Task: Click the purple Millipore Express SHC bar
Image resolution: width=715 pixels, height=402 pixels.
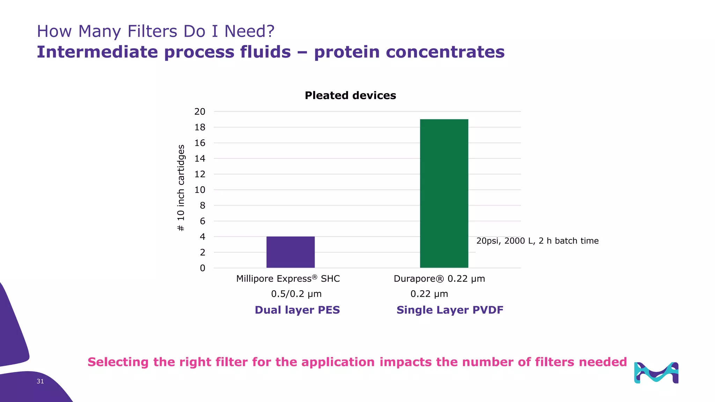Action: click(290, 252)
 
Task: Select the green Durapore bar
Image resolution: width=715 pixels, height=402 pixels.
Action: click(444, 193)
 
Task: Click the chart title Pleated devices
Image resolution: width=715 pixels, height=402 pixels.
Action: click(350, 95)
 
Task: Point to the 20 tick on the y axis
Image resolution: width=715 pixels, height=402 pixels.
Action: click(200, 112)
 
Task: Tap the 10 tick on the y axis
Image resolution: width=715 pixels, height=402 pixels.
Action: click(200, 190)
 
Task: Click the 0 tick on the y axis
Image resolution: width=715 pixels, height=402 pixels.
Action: click(202, 268)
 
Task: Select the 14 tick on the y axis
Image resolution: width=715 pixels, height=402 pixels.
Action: click(200, 158)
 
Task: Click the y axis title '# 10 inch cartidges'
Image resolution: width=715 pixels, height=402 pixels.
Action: click(181, 188)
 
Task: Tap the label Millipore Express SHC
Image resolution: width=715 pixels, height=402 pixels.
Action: click(288, 278)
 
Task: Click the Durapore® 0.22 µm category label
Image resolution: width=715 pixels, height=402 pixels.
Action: click(439, 278)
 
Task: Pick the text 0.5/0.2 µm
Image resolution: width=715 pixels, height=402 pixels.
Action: click(296, 294)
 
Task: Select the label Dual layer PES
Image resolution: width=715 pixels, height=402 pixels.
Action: click(297, 310)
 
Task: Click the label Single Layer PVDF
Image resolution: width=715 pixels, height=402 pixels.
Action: click(450, 310)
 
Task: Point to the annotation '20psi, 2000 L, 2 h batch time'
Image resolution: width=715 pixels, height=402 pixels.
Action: click(537, 241)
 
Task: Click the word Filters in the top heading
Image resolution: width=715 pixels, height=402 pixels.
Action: click(152, 31)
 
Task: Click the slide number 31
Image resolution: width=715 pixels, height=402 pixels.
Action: click(40, 381)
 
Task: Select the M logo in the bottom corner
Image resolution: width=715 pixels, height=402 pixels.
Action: click(656, 373)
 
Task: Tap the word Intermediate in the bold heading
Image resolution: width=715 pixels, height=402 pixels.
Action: click(97, 52)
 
